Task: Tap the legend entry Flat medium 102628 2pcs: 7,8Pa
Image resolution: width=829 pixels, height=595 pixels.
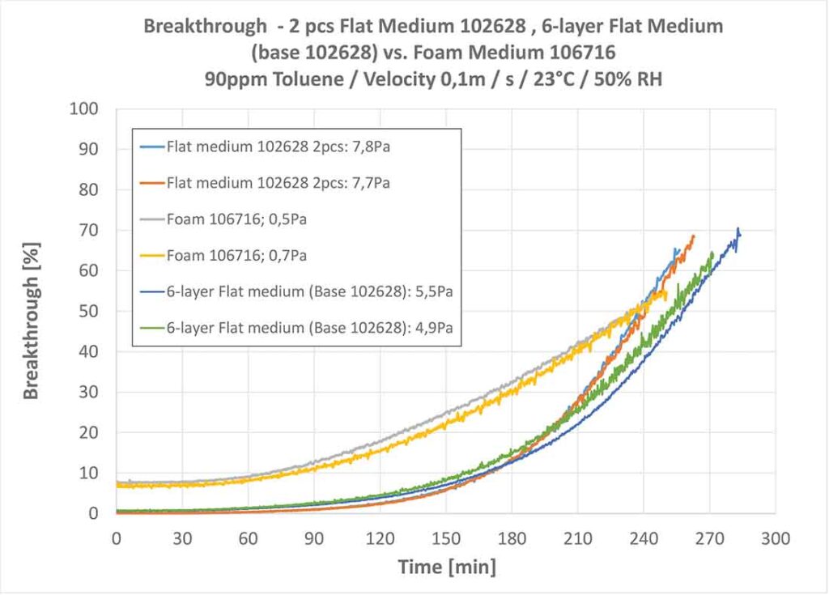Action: pyautogui.click(x=278, y=147)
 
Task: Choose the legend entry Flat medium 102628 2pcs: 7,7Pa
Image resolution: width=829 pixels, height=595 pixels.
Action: pyautogui.click(x=278, y=183)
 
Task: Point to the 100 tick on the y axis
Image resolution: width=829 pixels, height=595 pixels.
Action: pyautogui.click(x=85, y=109)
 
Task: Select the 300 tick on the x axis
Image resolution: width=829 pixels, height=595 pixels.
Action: pyautogui.click(x=776, y=537)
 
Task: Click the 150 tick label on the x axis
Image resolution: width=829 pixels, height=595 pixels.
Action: pyautogui.click(x=445, y=537)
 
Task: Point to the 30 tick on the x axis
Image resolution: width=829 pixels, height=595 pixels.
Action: pyautogui.click(x=182, y=537)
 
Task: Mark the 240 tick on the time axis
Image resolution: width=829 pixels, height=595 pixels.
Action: pyautogui.click(x=644, y=537)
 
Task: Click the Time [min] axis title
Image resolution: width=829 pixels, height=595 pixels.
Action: pyautogui.click(x=446, y=566)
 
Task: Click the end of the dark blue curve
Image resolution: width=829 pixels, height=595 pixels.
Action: pyautogui.click(x=738, y=230)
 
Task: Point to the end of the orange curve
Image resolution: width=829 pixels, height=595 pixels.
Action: pyautogui.click(x=694, y=236)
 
